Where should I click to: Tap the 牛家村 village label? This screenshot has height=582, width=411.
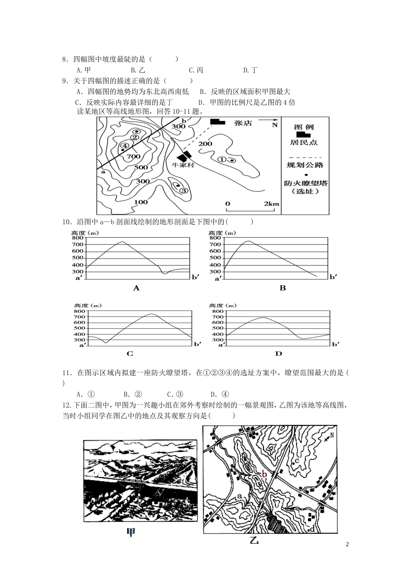point(183,165)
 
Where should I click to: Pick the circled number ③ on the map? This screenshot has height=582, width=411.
point(183,190)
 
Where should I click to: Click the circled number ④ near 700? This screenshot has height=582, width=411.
point(124,146)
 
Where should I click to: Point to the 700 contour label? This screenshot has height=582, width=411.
point(134,156)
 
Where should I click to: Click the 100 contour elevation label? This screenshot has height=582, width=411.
point(141,202)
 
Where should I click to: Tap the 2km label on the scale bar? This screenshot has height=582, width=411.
point(271,204)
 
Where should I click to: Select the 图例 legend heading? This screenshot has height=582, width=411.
point(304,127)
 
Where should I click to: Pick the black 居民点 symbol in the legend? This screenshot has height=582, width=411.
point(303,135)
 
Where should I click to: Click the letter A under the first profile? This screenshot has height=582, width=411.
point(136,288)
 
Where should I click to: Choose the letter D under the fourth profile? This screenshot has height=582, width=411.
point(278,354)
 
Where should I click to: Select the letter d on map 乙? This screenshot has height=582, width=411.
point(312,528)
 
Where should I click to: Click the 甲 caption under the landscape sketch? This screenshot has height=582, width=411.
point(130,532)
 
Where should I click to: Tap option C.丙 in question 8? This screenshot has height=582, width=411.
point(196,70)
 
